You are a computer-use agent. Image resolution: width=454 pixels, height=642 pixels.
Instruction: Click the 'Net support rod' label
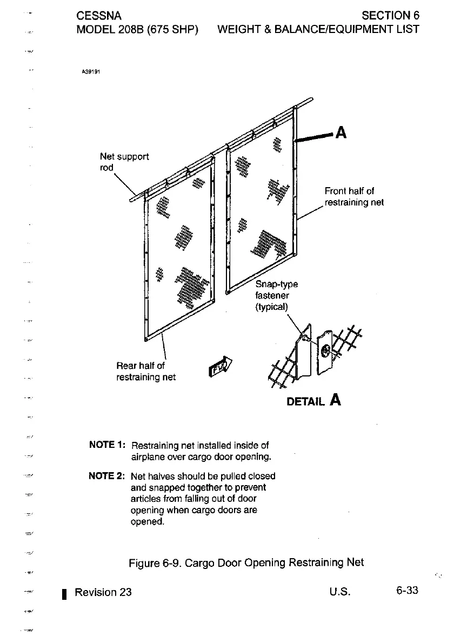pyautogui.click(x=124, y=162)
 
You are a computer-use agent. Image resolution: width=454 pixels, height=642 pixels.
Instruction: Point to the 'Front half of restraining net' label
pyautogui.click(x=353, y=197)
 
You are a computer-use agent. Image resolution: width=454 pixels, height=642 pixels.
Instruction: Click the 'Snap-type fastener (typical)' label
pyautogui.click(x=276, y=295)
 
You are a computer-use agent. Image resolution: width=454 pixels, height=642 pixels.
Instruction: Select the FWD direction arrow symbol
pyautogui.click(x=219, y=367)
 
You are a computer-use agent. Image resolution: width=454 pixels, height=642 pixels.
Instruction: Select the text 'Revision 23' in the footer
pyautogui.click(x=103, y=592)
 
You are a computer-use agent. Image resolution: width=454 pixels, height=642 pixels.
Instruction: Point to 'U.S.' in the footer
pyautogui.click(x=340, y=591)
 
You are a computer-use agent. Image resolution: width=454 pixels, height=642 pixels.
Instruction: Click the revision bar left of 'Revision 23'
pyautogui.click(x=64, y=593)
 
